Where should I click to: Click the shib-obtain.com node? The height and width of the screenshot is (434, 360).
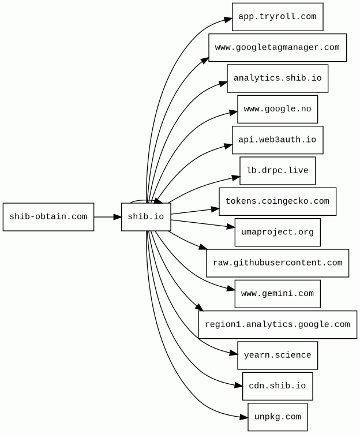pyautogui.click(x=48, y=217)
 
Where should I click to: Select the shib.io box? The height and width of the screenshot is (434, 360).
pyautogui.click(x=146, y=217)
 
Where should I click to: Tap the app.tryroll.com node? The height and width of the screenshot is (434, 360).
pyautogui.click(x=277, y=17)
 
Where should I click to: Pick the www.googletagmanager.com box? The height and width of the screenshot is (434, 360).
pyautogui.click(x=277, y=47)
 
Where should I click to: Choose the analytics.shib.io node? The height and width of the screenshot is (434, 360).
pyautogui.click(x=277, y=78)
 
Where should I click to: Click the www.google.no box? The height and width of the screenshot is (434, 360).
pyautogui.click(x=277, y=109)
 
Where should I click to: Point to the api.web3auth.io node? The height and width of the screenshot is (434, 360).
pyautogui.click(x=277, y=140)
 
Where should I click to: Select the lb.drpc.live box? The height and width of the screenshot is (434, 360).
pyautogui.click(x=277, y=171)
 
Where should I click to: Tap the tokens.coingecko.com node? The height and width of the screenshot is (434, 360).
pyautogui.click(x=277, y=201)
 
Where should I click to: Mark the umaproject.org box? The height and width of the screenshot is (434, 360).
pyautogui.click(x=277, y=233)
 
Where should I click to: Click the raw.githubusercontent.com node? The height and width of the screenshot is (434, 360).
pyautogui.click(x=277, y=263)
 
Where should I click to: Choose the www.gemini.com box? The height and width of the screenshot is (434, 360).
pyautogui.click(x=277, y=294)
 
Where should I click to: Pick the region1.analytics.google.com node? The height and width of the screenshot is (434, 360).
pyautogui.click(x=277, y=324)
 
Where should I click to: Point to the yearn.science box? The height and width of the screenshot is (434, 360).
pyautogui.click(x=277, y=356)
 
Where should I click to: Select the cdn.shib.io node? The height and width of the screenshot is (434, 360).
pyautogui.click(x=277, y=386)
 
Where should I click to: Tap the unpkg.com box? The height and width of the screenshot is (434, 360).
pyautogui.click(x=277, y=417)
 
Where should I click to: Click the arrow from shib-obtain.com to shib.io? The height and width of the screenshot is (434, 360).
pyautogui.click(x=107, y=217)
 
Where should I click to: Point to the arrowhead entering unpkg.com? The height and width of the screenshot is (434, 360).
pyautogui.click(x=244, y=416)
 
